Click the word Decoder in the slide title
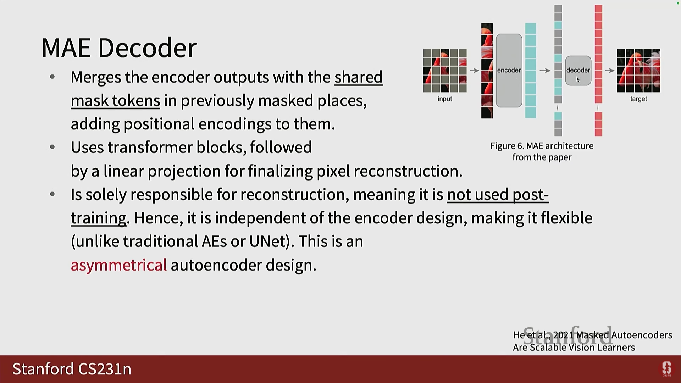(147, 48)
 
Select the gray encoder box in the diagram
(509, 71)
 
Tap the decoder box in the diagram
(578, 71)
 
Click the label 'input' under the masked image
(445, 99)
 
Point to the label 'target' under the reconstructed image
(638, 99)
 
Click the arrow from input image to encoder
(475, 71)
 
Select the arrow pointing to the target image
(610, 71)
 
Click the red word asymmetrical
(119, 265)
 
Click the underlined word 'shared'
(359, 77)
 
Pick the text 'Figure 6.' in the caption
(507, 146)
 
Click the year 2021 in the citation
(563, 335)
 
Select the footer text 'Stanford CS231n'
(72, 369)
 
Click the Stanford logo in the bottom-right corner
(667, 369)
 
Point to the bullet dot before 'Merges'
(52, 77)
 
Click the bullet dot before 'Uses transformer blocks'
(52, 147)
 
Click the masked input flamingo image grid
(445, 71)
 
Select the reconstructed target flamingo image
(638, 71)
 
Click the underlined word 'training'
(99, 218)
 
